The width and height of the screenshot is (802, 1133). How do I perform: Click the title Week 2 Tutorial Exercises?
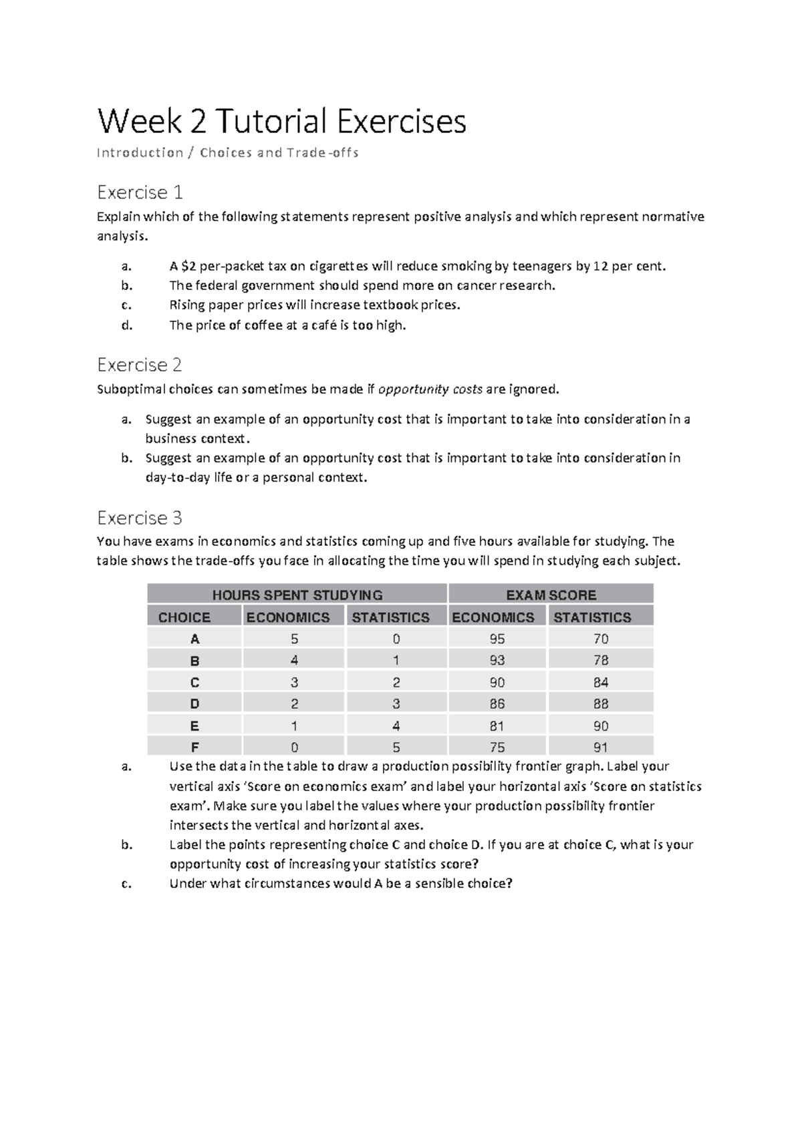tap(281, 122)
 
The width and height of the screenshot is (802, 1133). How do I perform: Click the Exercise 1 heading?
tap(140, 192)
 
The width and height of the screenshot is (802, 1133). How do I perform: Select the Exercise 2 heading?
tap(140, 365)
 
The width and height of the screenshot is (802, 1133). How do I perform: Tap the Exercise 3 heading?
tap(140, 518)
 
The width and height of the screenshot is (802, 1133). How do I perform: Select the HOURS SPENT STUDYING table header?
tap(297, 595)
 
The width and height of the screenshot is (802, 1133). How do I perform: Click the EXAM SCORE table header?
tap(551, 595)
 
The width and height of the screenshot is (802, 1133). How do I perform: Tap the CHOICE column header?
tap(184, 617)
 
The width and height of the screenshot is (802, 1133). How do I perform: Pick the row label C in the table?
tap(194, 683)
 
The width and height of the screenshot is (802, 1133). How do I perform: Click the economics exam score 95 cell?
tap(497, 639)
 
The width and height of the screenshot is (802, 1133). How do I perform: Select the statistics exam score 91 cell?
tap(600, 748)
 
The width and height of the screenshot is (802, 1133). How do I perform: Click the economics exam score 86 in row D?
tap(497, 704)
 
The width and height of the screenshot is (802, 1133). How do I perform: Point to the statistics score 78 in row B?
tap(600, 661)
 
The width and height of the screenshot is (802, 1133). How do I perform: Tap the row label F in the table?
tap(194, 748)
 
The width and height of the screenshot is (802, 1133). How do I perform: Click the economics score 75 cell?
tap(497, 748)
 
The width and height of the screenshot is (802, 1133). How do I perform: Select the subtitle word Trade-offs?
tap(323, 153)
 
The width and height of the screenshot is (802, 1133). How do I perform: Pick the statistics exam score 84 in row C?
tap(600, 683)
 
